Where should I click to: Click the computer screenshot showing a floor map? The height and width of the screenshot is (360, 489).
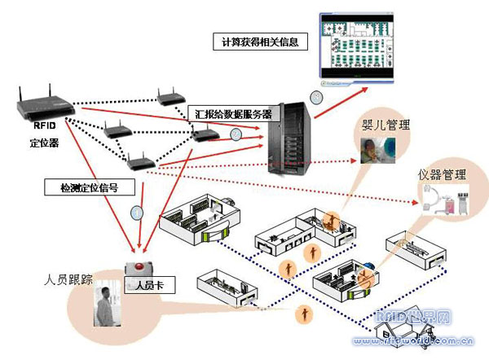(355, 47)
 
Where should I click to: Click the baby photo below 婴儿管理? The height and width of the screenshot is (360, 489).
(378, 148)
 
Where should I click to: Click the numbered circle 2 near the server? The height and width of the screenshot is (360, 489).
(237, 134)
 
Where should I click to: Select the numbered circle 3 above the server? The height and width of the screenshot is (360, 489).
(316, 97)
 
